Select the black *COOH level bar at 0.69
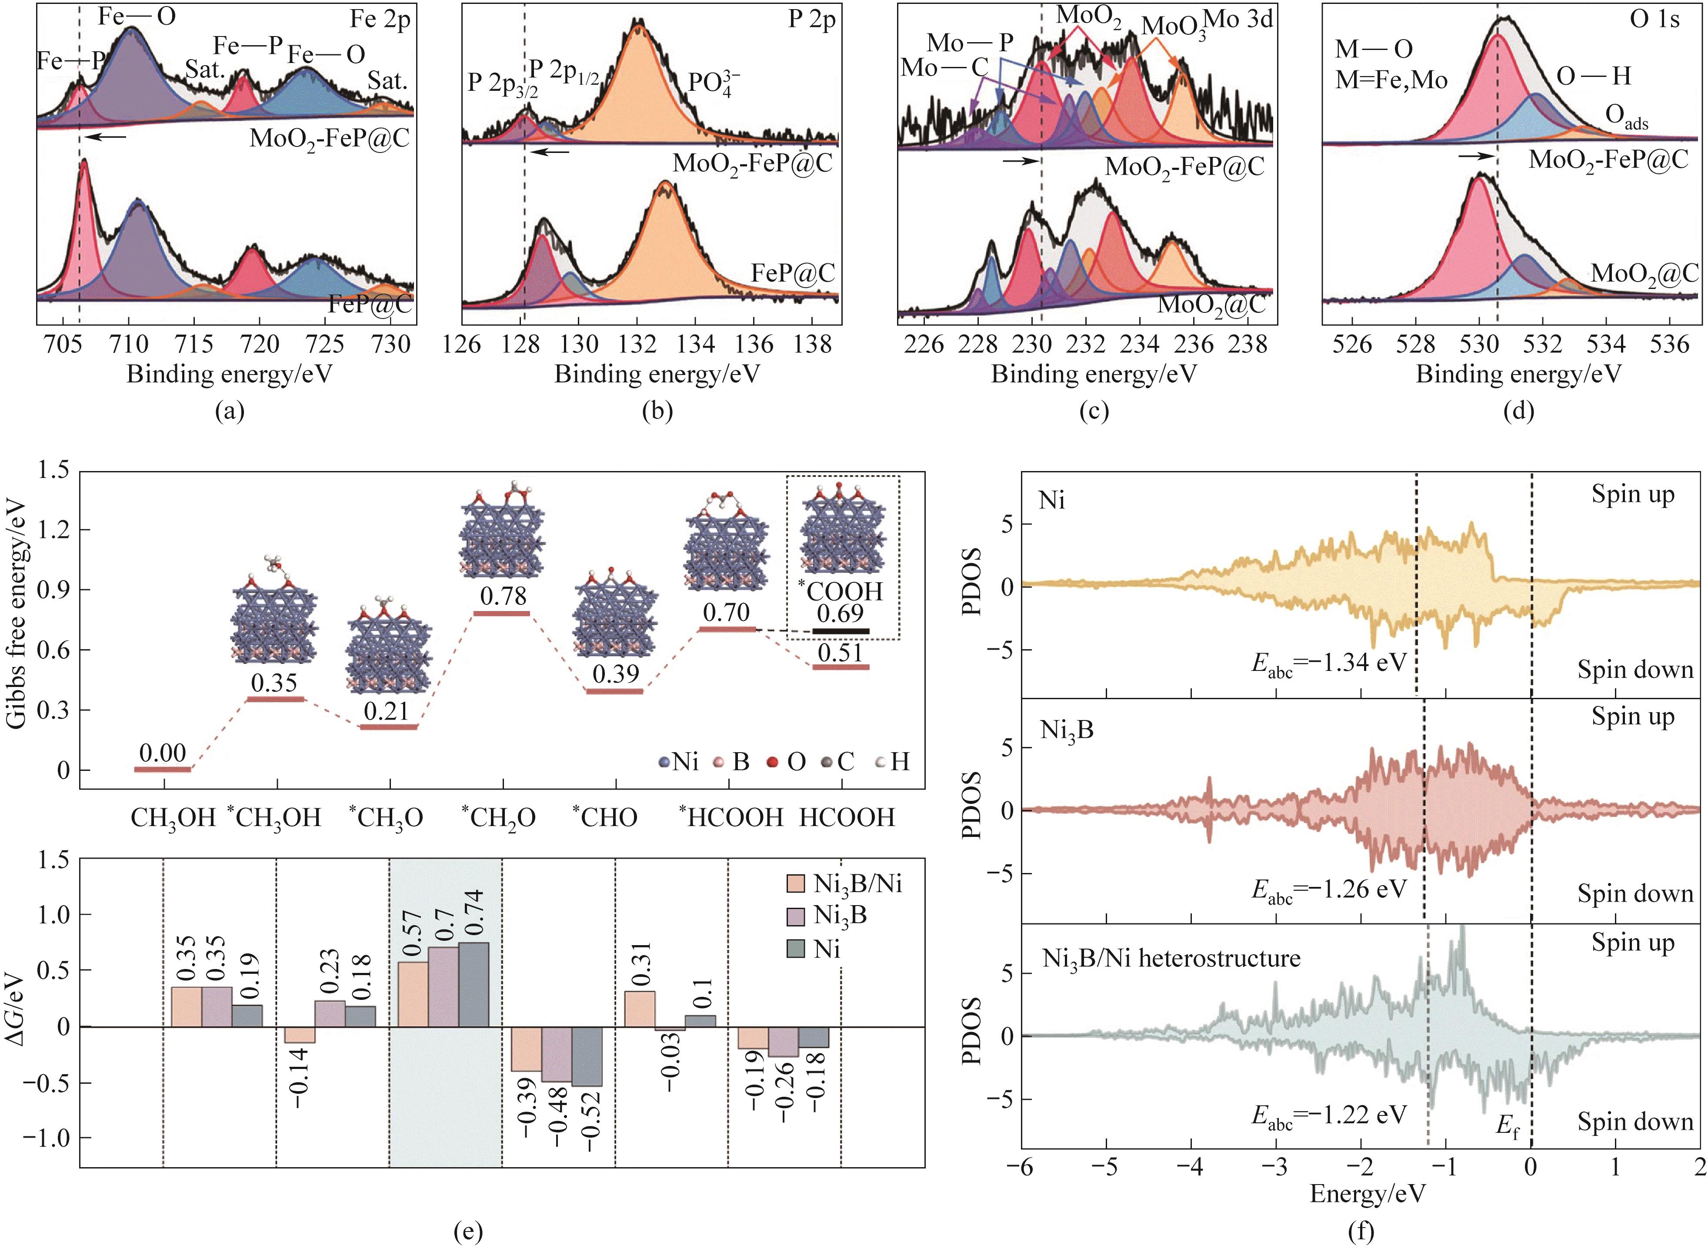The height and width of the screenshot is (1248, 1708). coord(841,630)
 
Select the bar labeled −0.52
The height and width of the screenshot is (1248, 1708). coord(587,1056)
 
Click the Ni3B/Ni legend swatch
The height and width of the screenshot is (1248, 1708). coord(796,884)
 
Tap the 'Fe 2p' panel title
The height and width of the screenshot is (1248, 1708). coord(380,19)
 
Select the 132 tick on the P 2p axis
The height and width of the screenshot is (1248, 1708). coord(636,345)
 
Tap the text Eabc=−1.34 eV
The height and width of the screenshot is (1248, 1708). coord(1328,663)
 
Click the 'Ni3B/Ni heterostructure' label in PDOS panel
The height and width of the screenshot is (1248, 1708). coord(1171,958)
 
